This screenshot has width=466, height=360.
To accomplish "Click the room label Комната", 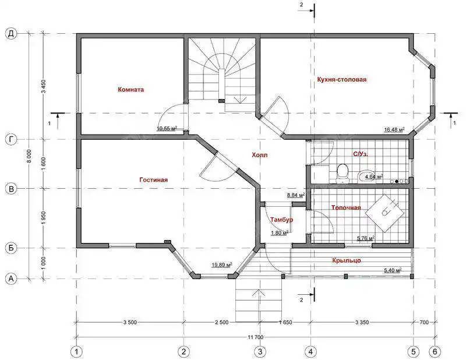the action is (130, 90).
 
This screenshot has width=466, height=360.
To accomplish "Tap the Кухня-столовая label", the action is (342, 79).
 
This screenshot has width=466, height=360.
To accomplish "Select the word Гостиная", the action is (153, 180).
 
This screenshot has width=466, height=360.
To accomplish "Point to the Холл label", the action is (259, 155).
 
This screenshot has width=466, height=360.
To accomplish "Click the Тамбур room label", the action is (281, 220).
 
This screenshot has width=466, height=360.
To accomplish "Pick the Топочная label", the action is (346, 207).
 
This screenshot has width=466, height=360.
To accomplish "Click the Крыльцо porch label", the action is (347, 260).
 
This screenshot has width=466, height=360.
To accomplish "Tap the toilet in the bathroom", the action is (343, 173).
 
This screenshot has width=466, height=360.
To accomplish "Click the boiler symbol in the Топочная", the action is (386, 213).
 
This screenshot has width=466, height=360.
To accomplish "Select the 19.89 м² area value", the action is (222, 265).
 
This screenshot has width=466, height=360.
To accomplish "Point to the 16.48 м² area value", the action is (394, 129).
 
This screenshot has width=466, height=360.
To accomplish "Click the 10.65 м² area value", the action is (167, 128).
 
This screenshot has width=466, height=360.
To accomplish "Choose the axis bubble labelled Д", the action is (11, 34).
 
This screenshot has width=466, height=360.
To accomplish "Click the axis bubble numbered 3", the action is (260, 352).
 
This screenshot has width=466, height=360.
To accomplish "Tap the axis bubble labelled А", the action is (11, 279).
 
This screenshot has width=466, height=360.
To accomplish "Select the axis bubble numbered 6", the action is (435, 352).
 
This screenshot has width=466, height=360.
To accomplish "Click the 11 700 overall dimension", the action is (256, 337).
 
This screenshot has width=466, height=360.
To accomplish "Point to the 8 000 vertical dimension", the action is (29, 157).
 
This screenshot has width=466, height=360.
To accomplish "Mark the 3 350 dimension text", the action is (362, 322).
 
